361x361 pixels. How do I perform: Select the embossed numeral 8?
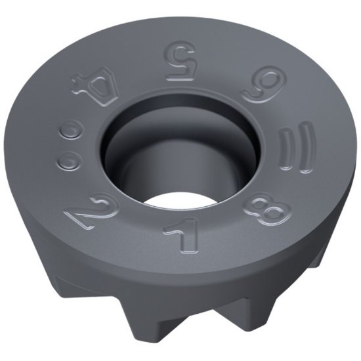click(270, 209)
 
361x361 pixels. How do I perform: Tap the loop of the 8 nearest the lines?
click(276, 200)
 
